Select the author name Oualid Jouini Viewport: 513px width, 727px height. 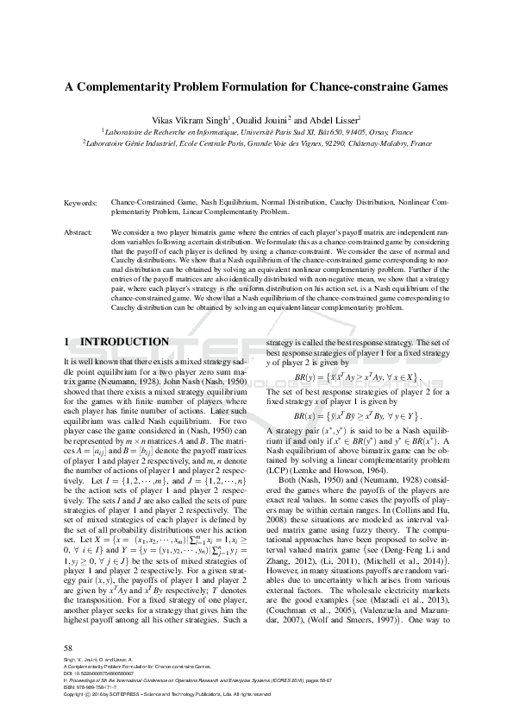263,119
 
